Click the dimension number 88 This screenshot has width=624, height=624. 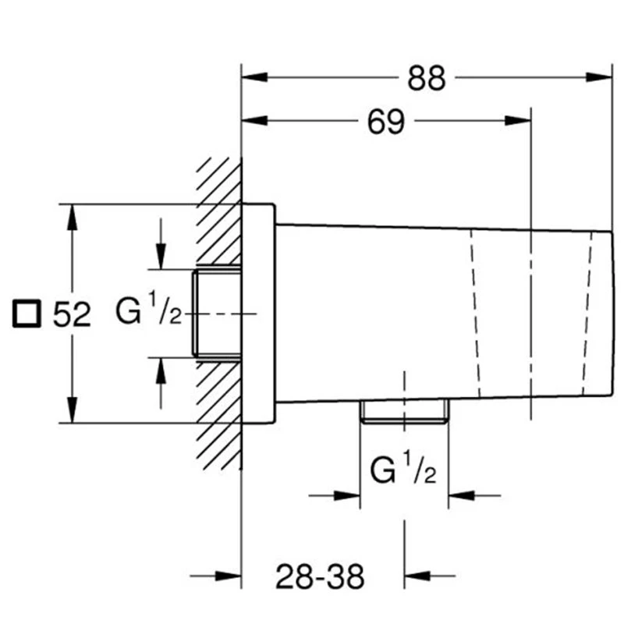tap(426, 79)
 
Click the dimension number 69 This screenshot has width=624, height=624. tap(385, 122)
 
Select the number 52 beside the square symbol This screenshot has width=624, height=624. tap(72, 314)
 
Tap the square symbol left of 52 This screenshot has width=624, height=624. tap(27, 314)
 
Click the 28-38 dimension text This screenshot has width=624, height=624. tap(320, 576)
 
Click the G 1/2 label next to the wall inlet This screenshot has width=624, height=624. tap(148, 309)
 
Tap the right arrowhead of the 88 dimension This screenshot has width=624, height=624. tap(599, 77)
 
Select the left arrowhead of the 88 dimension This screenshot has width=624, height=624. tap(255, 77)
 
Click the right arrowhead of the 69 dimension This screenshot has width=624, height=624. tap(518, 120)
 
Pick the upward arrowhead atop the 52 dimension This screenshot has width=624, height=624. tap(72, 218)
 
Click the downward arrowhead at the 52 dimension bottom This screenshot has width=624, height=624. tap(72, 409)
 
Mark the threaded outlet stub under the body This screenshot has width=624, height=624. tap(404, 411)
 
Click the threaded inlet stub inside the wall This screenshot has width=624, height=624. tap(218, 314)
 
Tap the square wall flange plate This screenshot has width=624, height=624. tap(258, 314)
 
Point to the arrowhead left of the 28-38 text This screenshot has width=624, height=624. tap(228, 576)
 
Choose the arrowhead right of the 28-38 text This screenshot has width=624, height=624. tap(417, 576)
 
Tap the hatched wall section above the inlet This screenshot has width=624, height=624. tap(220, 211)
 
